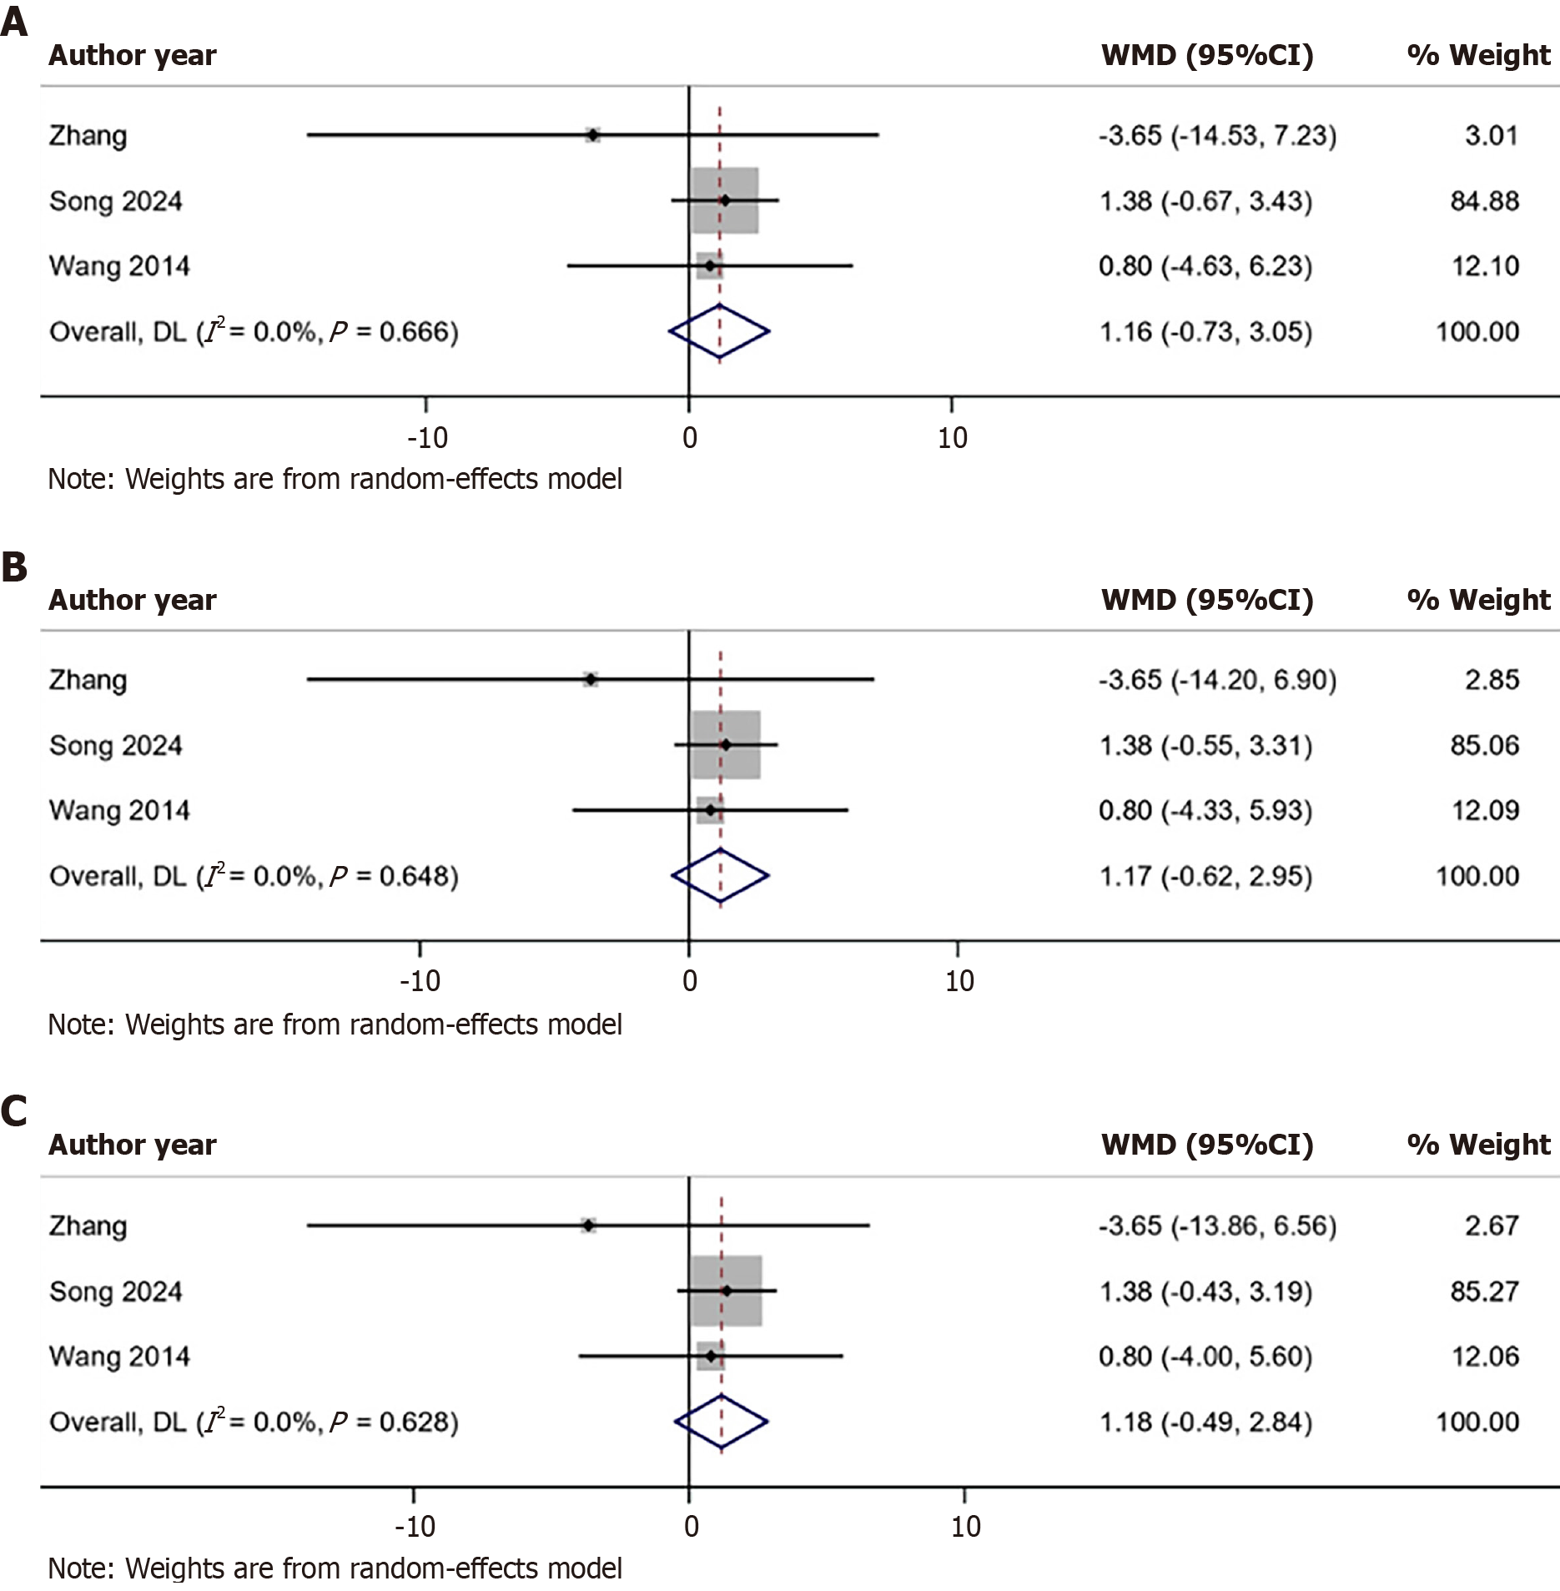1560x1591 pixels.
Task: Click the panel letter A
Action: point(14,22)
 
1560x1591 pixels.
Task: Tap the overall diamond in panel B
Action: point(720,875)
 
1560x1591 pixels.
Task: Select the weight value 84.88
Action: point(1484,201)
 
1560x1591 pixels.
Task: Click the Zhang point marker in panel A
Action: point(592,134)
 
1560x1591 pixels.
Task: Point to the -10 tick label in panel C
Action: point(415,1526)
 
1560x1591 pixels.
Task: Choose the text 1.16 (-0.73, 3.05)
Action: point(1205,332)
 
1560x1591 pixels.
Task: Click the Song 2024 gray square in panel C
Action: point(726,1291)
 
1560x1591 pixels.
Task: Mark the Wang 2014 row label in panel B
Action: point(119,810)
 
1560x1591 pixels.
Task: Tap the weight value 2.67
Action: point(1492,1225)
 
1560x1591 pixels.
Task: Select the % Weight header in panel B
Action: point(1478,600)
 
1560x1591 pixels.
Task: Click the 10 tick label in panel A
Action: point(952,437)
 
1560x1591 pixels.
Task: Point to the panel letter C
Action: point(14,1111)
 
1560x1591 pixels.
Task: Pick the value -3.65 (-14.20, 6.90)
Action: point(1217,680)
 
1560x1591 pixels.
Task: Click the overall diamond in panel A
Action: point(719,331)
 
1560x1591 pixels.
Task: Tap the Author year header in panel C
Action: point(133,1145)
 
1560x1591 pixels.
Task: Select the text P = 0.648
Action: point(393,876)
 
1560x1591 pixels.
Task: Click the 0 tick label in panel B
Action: point(689,981)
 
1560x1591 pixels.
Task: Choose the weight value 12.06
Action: point(1485,1356)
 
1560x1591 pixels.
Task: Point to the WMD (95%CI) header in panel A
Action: point(1207,55)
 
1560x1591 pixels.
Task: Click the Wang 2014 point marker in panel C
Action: point(710,1356)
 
